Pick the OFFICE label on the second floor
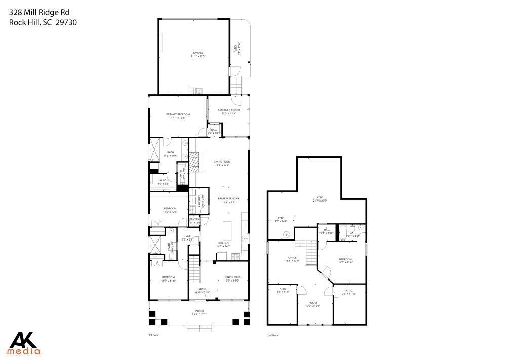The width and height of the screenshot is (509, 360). [x=293, y=258]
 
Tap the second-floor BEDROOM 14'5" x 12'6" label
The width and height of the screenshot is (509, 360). [x=345, y=260]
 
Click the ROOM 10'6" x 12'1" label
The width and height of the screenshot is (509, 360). [x=312, y=304]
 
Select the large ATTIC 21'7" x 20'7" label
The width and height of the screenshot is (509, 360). [x=320, y=199]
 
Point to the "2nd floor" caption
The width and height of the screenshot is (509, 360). [x=273, y=335]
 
